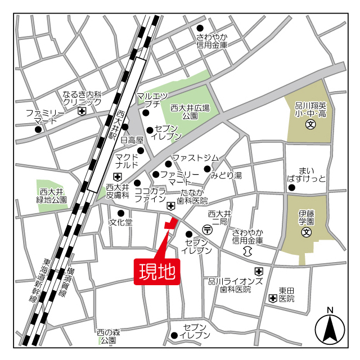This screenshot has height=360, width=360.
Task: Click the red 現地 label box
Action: pos(157,272)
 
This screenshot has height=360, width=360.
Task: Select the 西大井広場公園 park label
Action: pos(190,111)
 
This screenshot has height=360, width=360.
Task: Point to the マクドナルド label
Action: pos(127,160)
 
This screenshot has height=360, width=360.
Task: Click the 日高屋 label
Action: pos(133,139)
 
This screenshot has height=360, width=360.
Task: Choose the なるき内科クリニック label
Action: pos(82,98)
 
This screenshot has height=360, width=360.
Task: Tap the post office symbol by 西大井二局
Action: pos(208,229)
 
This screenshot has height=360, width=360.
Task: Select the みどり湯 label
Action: pos(226,175)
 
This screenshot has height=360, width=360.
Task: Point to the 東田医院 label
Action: pos(286,294)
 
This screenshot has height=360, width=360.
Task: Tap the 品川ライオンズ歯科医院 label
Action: pos(235,285)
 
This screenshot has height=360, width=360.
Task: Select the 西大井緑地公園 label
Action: pos(52,195)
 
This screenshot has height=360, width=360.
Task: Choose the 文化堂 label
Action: pos(120,222)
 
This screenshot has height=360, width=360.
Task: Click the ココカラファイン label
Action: pos(150,195)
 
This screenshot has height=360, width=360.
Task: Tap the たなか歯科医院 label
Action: pos(192,196)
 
